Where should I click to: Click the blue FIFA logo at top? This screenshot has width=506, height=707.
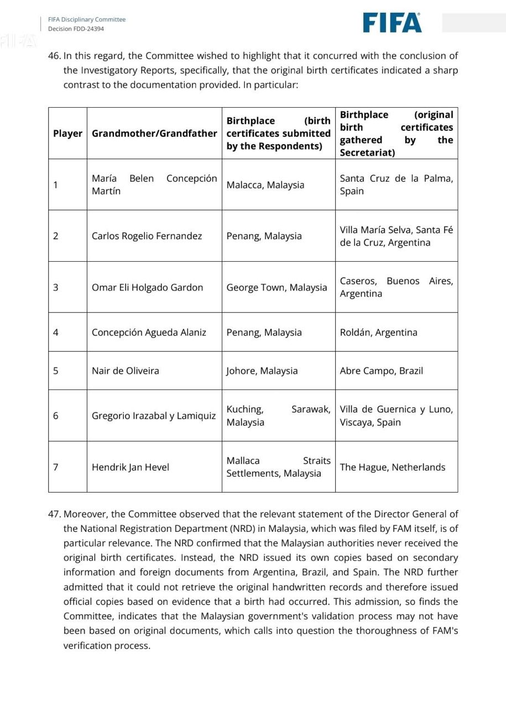coord(392,23)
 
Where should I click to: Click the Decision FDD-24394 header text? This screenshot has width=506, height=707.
coord(76,29)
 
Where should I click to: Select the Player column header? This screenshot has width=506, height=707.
coord(67,133)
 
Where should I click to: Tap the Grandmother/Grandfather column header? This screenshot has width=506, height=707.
coord(154,133)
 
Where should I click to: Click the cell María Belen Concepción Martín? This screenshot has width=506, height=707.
coord(154,184)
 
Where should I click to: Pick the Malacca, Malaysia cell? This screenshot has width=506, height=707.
coord(265,185)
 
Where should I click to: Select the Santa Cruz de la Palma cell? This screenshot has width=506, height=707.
coord(396,184)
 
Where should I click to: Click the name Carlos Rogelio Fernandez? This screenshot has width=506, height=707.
coord(147,236)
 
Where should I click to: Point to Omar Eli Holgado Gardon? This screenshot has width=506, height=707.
coord(147,287)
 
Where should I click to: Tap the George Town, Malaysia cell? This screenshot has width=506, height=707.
coord(277,287)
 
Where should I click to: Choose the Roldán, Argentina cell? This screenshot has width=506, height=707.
coord(378,332)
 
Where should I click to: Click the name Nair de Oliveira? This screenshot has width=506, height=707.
coord(125,371)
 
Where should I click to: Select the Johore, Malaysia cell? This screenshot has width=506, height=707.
coord(262,371)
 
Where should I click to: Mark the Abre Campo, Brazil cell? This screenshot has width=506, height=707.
coord(381,371)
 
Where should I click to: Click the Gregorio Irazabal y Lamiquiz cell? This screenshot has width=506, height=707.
coord(154,416)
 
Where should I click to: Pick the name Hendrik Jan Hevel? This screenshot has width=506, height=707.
coord(131,467)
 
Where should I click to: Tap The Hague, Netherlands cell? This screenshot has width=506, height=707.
coord(392,467)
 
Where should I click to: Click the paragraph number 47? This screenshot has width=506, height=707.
coord(54,514)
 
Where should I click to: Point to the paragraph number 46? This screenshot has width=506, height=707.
coord(54,56)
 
